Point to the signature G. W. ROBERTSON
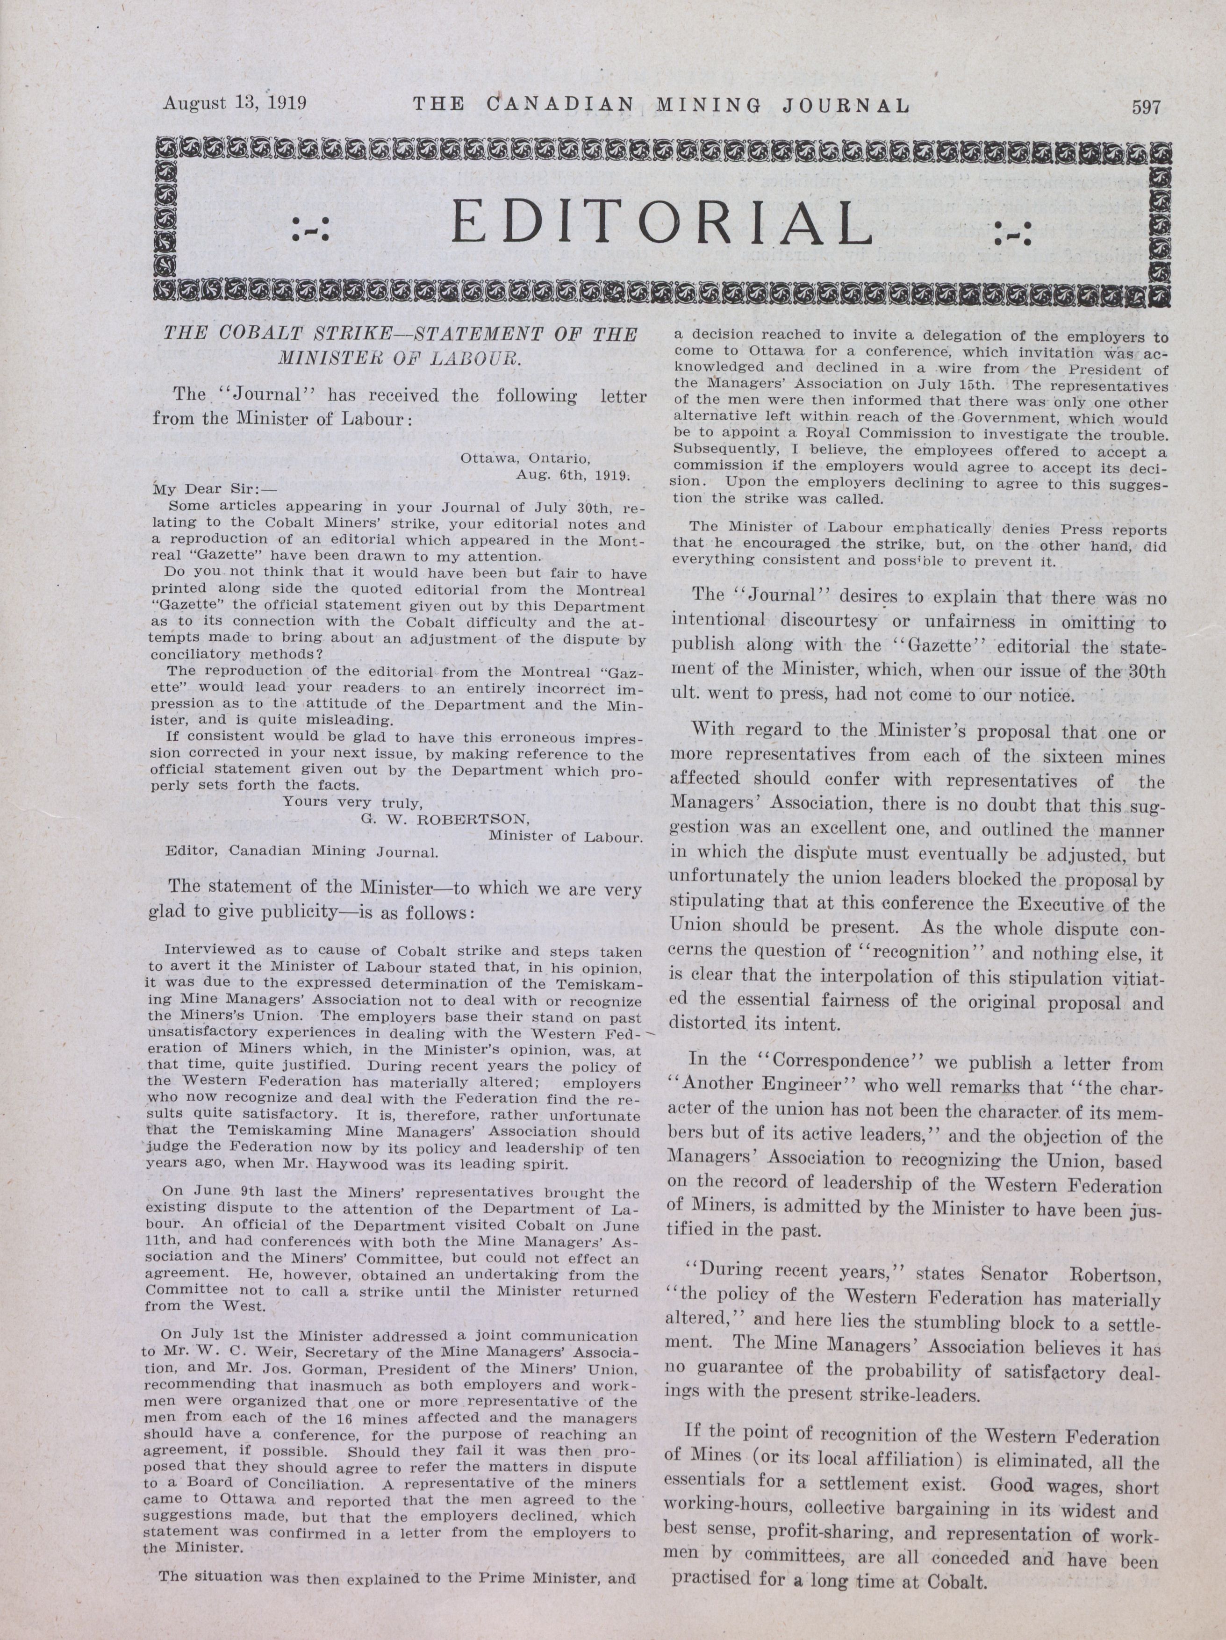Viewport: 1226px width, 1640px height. tap(445, 819)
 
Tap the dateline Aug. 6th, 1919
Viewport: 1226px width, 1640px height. tap(573, 474)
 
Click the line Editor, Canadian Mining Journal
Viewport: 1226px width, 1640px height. tap(302, 851)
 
